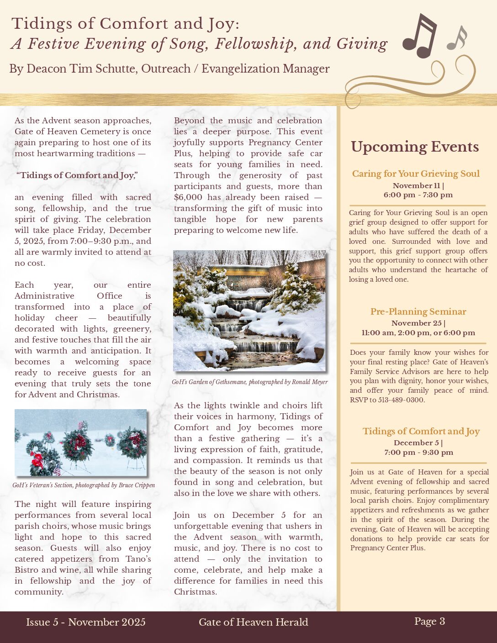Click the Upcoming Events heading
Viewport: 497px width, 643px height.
pos(415,147)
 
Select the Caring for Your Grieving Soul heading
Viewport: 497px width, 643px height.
pos(416,174)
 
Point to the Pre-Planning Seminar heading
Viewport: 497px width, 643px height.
pos(418,311)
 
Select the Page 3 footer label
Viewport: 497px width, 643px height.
pos(429,621)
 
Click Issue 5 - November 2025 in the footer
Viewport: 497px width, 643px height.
pos(86,622)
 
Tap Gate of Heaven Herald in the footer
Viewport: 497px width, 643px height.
pos(254,622)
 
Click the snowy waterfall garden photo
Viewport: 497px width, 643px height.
pos(249,311)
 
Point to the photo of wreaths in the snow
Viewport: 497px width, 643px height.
pos(81,443)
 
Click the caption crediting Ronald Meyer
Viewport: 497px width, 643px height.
pos(249,382)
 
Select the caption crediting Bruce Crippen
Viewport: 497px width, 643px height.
pos(84,485)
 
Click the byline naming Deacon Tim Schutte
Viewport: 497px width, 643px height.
pos(169,69)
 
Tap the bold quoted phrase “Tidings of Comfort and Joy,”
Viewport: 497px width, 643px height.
pos(77,175)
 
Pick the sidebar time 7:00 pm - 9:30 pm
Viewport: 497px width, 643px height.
pos(418,453)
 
